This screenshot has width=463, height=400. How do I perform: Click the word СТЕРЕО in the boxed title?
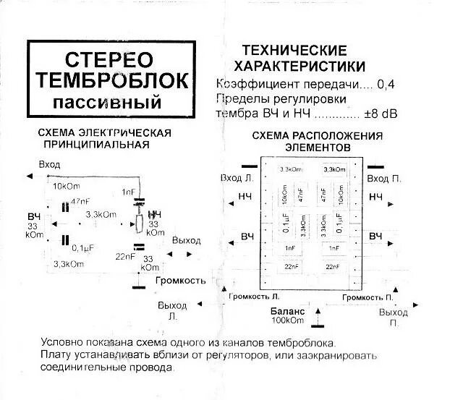(x=109, y=59)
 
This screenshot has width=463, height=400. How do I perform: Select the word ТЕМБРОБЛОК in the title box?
(x=109, y=79)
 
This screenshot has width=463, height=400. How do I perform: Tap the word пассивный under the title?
(x=109, y=98)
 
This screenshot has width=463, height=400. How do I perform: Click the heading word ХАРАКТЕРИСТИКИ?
(x=294, y=66)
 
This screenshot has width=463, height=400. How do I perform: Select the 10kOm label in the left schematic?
(x=67, y=186)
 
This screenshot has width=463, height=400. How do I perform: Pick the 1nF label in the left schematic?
(x=128, y=192)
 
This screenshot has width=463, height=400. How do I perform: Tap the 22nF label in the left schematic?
(x=124, y=256)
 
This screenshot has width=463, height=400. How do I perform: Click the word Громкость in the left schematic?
(x=180, y=280)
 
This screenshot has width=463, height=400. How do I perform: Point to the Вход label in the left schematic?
(x=49, y=164)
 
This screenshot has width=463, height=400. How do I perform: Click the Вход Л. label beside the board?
(x=237, y=178)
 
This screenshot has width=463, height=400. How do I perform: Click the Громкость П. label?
(x=369, y=297)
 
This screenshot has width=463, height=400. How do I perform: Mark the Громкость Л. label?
(x=253, y=297)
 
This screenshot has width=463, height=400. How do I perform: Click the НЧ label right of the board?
(x=375, y=197)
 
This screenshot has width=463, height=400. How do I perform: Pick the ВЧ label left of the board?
(x=247, y=237)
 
